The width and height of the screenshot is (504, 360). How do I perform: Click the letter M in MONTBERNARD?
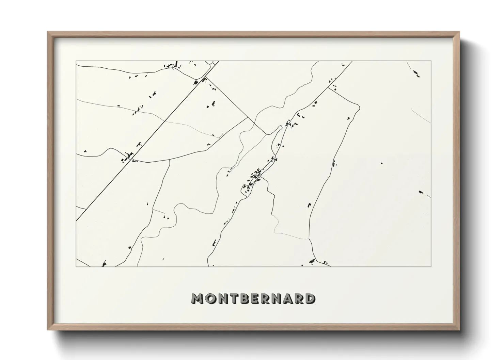pyautogui.click(x=198, y=298)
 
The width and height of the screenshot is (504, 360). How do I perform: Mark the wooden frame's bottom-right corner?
pyautogui.click(x=459, y=330)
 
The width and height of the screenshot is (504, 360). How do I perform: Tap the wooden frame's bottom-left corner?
pyautogui.click(x=48, y=330)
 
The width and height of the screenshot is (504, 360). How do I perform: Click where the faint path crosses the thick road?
pyautogui.click(x=166, y=120)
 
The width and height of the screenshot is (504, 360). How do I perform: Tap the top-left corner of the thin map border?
pyautogui.click(x=76, y=61)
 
